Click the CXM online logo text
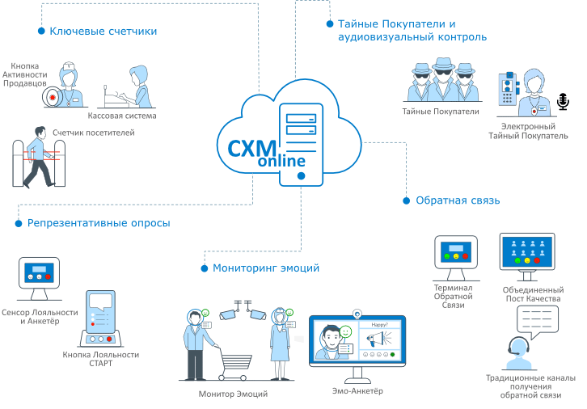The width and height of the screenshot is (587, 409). coord(267,154)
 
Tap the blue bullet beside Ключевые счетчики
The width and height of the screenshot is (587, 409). coord(41,31)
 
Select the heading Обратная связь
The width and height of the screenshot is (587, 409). coord(458,200)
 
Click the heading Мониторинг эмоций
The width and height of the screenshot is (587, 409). coord(266,268)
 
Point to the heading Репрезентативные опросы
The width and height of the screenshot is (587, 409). coord(99,223)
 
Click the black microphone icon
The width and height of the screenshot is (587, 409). coord(563,102)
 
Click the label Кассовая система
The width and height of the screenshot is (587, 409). coord(122,116)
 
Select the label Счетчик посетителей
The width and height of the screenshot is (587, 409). coord(94,133)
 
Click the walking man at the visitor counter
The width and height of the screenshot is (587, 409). coord(38,157)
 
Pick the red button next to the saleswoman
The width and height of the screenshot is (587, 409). coord(53,97)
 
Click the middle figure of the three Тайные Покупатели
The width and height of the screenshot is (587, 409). coord(443,79)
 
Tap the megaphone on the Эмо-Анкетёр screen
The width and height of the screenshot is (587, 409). coord(378,339)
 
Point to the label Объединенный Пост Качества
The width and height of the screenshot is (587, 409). coord(533,294)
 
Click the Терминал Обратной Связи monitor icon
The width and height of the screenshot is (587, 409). coord(455,258)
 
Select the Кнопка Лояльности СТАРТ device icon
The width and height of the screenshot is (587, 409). coord(100,318)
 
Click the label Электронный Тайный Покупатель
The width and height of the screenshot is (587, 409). coord(528,131)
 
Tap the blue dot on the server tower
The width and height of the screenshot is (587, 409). coord(301,176)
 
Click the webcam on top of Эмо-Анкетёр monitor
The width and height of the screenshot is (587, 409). coord(357,313)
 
